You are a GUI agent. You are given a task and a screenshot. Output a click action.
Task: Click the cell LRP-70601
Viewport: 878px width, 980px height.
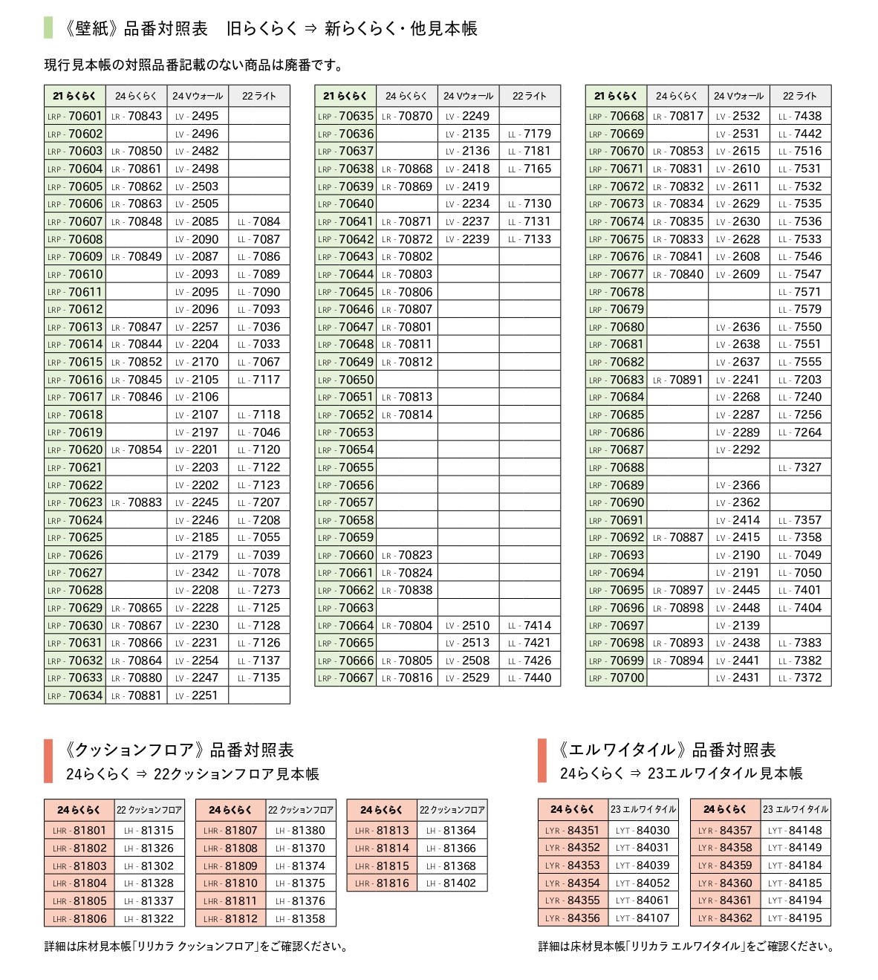[75, 116]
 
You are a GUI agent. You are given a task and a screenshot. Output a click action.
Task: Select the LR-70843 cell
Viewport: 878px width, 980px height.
[137, 116]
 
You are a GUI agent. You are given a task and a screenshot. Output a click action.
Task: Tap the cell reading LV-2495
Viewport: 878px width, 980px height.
[198, 116]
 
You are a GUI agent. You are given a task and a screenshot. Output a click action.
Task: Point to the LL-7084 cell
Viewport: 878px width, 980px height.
[259, 221]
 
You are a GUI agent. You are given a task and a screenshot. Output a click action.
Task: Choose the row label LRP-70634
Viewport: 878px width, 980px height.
[75, 695]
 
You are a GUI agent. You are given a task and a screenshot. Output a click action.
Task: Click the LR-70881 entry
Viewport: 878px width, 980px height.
[137, 695]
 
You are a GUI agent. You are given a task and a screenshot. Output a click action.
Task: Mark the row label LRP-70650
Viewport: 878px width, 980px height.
[345, 380]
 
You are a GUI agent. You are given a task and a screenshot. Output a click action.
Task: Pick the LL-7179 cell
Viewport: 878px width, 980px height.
[530, 134]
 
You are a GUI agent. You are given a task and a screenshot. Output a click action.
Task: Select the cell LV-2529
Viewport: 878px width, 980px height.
[468, 678]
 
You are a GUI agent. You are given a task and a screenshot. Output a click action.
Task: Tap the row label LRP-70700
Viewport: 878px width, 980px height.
[617, 678]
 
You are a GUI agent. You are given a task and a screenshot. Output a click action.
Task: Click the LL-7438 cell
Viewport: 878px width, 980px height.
[800, 116]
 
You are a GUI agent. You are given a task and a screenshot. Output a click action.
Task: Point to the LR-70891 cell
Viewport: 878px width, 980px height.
[677, 380]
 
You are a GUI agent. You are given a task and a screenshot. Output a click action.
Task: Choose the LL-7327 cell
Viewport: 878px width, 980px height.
[800, 467]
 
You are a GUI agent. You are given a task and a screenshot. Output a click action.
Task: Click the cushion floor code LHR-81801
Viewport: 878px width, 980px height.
[79, 831]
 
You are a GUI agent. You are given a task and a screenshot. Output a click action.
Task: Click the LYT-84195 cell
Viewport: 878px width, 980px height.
[795, 918]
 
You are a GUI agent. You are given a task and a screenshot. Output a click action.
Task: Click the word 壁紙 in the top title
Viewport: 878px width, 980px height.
[93, 29]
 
